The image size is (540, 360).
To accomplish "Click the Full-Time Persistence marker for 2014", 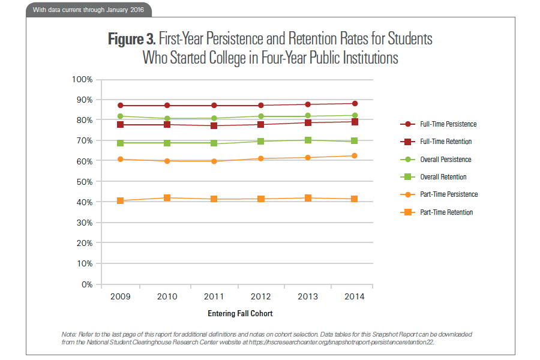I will point(355,104).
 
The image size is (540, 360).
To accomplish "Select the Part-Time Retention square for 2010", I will point(167,198).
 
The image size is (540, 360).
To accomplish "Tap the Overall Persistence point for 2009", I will point(120,116).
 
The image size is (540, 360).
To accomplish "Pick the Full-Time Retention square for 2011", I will point(214,126).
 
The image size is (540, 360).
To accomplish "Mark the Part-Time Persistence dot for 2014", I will point(355,156).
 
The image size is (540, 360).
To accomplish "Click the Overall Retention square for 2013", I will point(308,140).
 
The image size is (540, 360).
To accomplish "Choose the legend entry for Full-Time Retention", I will point(445,142).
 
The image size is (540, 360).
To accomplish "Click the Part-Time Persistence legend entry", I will point(448,194).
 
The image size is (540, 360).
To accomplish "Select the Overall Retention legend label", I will point(443,177).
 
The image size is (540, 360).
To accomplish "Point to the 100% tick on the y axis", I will point(81,79).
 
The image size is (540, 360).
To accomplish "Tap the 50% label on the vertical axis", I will point(83,182).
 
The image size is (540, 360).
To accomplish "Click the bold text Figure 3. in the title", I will point(132,40).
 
